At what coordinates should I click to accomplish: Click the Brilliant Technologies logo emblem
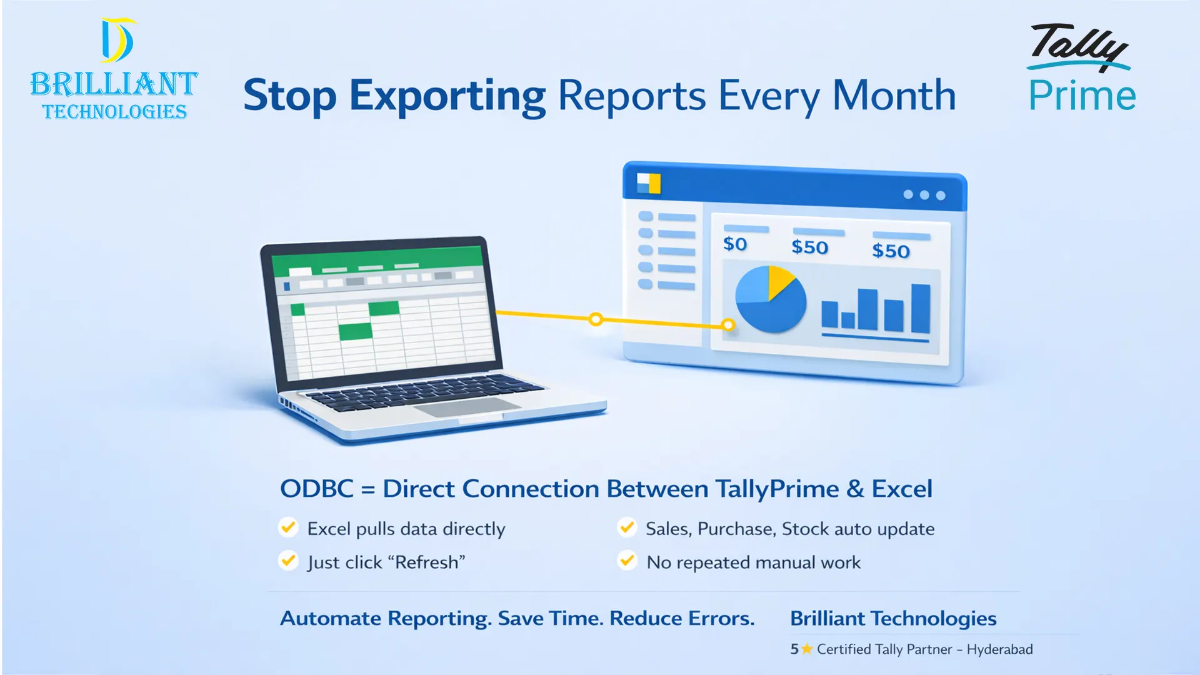117,41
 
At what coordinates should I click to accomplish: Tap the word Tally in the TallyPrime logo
1076,46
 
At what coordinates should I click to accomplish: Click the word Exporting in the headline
447,96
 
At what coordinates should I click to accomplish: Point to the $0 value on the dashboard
735,244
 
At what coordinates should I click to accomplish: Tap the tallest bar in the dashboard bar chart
920,308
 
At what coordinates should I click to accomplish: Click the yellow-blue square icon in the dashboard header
648,183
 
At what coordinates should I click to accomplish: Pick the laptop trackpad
467,408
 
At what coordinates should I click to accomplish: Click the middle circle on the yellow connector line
596,319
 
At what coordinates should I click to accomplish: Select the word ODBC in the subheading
316,489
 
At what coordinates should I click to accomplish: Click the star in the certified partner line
807,649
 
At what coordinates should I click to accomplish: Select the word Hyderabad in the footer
999,649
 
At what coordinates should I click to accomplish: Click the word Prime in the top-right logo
1082,96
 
